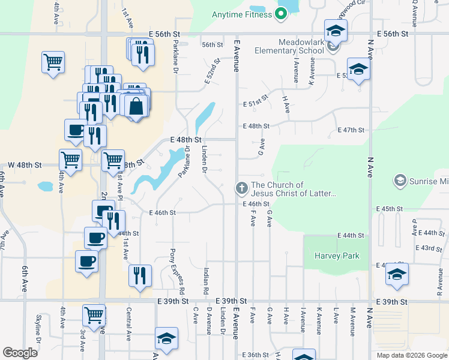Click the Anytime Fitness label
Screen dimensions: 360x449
[x=242, y=14]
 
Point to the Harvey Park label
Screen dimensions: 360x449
[x=337, y=256]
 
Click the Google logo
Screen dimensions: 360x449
[x=20, y=353]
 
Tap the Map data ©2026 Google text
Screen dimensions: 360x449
[x=412, y=355]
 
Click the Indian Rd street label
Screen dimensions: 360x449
[x=206, y=281]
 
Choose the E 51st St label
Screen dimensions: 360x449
[x=256, y=103]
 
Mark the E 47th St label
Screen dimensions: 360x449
[x=351, y=130]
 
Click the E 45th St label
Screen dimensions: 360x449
[x=390, y=208]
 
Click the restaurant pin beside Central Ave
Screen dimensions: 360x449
[x=140, y=276]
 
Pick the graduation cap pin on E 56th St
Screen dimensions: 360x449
[x=336, y=30]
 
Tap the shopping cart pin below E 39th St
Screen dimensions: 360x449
[x=94, y=314]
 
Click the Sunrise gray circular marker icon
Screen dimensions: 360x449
[x=400, y=180]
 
